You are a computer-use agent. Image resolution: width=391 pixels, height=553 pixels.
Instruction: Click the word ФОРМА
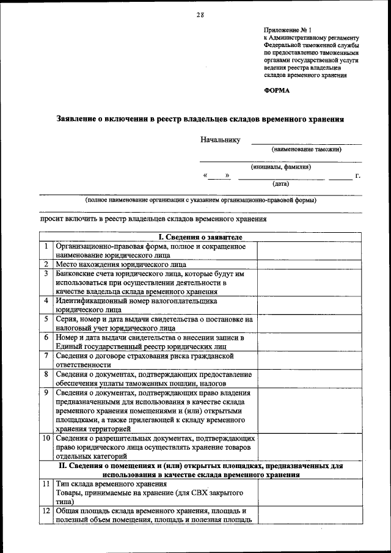277,90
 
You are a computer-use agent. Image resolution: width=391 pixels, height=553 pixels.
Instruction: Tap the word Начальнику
220,140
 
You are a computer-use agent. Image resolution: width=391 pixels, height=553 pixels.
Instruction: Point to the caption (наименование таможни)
307,149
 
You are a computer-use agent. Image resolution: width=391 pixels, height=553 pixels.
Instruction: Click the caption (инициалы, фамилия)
281,166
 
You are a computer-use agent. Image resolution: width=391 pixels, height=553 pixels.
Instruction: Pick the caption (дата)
281,183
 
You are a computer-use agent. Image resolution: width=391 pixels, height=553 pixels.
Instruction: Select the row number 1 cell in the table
46,246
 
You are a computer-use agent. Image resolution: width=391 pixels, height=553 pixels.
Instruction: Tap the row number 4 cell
46,301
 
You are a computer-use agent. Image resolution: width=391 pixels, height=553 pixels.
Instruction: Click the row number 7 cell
46,355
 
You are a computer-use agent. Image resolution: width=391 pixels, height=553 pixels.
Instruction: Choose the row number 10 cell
46,438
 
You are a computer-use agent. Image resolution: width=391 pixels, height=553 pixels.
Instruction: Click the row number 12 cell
46,510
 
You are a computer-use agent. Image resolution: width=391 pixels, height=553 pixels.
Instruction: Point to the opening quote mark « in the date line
205,176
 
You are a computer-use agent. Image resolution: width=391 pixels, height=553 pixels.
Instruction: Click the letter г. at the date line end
357,176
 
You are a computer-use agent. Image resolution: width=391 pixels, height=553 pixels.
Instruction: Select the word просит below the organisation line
51,219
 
